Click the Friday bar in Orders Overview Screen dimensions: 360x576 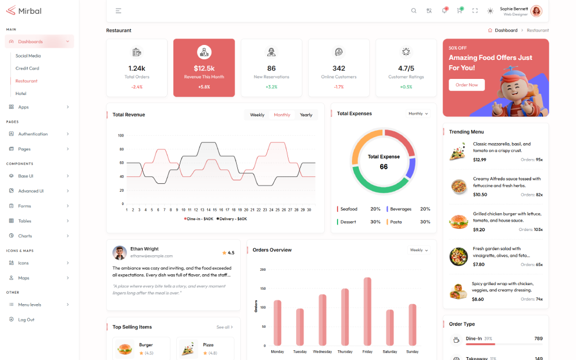(367, 311)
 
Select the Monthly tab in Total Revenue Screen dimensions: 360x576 (282, 115)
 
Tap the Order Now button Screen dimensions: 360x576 (467, 85)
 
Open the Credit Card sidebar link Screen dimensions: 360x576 (27, 69)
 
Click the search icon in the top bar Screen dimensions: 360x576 (414, 11)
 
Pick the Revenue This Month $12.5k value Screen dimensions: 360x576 (204, 68)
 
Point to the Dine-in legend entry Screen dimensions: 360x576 (199, 219)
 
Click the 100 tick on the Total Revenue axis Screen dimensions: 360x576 (121, 136)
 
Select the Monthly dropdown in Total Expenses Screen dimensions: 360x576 (418, 113)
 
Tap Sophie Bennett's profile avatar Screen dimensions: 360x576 (536, 11)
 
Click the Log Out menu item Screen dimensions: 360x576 (26, 320)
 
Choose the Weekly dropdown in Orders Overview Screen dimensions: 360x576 (419, 250)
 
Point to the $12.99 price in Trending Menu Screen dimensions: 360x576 (479, 160)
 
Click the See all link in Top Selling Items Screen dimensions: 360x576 (224, 327)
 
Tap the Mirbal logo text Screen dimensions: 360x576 (30, 11)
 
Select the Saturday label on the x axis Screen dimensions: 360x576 (390, 351)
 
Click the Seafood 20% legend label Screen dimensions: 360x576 (349, 209)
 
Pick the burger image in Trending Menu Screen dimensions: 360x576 (458, 222)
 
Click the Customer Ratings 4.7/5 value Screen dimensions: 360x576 (406, 68)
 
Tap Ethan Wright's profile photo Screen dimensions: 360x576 (120, 252)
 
